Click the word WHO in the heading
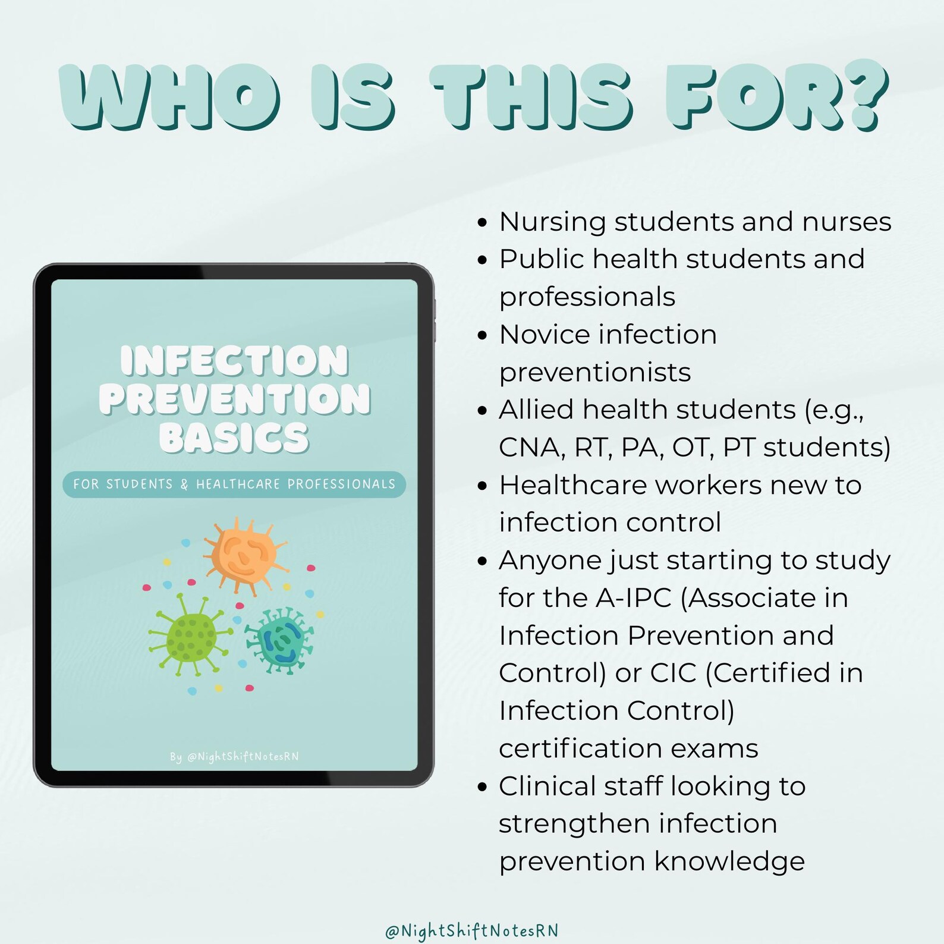tap(169, 98)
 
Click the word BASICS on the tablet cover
tap(234, 438)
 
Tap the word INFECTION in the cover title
tap(234, 361)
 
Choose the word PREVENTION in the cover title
tap(234, 399)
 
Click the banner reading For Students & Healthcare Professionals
tap(234, 484)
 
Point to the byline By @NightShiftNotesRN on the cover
tap(234, 757)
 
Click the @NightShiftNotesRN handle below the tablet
tap(472, 930)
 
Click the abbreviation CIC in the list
tap(673, 673)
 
